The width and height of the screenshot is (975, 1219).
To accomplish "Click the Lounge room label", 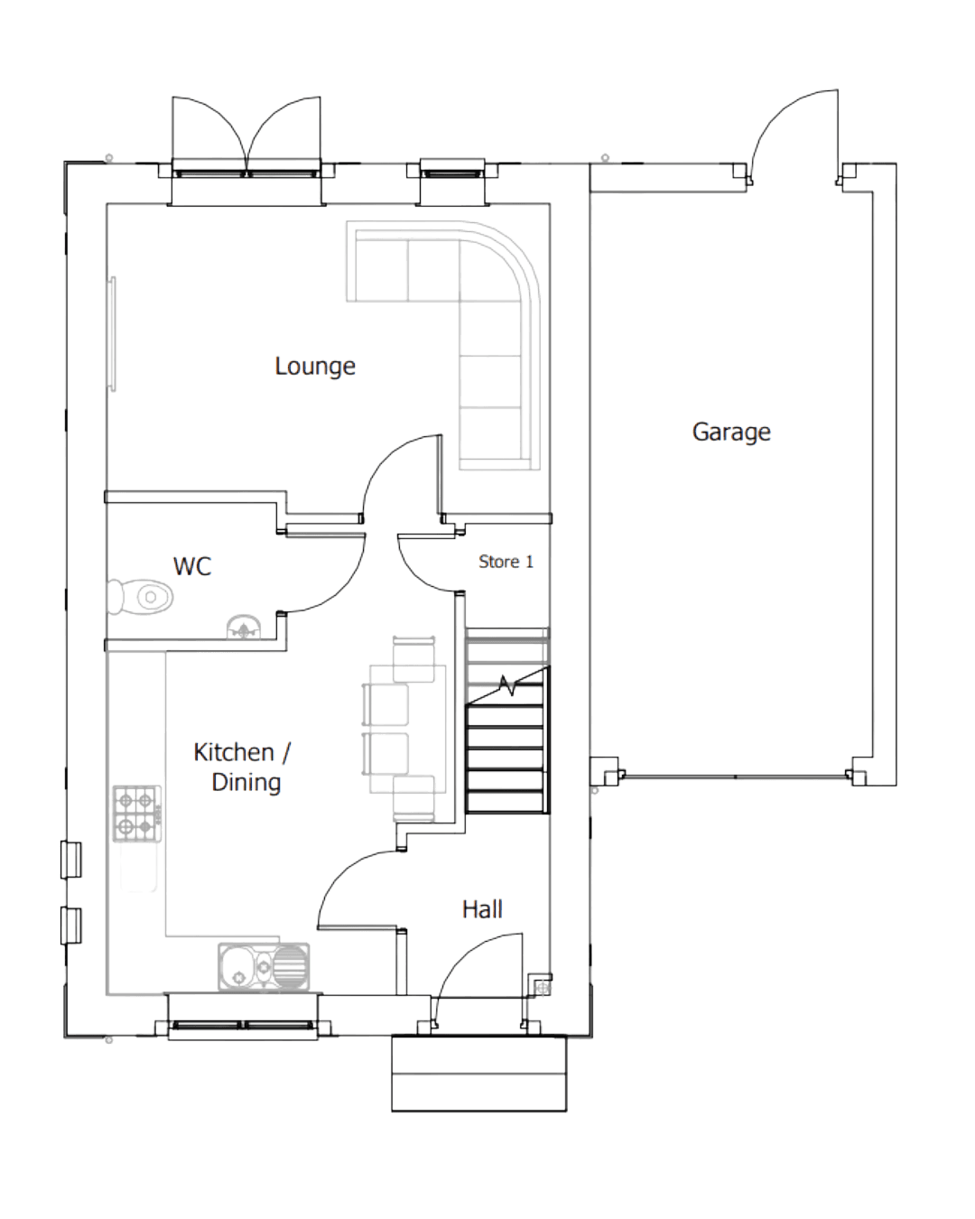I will tap(314, 366).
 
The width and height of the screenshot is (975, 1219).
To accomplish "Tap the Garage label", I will tap(731, 432).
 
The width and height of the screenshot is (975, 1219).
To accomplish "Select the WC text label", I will tap(192, 566).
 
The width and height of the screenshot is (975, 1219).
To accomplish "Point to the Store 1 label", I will tap(506, 562).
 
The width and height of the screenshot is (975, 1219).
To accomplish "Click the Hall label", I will tap(482, 908).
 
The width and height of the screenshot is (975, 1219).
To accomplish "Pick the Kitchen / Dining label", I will tap(243, 767).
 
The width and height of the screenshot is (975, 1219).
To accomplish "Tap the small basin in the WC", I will tap(243, 626).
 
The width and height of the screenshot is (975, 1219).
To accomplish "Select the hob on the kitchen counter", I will tap(137, 813).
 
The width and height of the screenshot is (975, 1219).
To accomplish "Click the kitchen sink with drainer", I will tap(264, 965).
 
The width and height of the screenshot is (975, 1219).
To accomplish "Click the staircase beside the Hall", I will tap(506, 722).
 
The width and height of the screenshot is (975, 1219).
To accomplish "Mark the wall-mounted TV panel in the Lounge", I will tap(114, 334).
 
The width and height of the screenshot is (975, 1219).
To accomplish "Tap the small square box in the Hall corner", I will tap(541, 984).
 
